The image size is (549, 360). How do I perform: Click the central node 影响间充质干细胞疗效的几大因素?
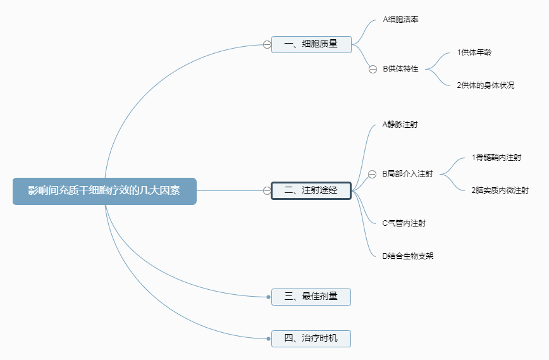104,191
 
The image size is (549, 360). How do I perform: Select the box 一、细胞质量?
311,44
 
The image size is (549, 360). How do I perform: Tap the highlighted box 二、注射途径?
311,190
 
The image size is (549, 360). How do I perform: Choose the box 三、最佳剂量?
311,297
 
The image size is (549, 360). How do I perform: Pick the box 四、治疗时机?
311,338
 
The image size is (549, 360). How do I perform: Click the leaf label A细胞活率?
400,20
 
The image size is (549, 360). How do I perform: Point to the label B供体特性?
400,69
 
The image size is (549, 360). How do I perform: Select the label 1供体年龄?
474,53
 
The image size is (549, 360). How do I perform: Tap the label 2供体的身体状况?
485,85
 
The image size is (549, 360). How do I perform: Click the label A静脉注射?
400,125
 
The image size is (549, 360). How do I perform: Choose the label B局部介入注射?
407,174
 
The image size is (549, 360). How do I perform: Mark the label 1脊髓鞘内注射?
496,158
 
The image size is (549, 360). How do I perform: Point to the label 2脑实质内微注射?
500,190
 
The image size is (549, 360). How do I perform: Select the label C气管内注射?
404,223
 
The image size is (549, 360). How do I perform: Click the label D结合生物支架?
407,256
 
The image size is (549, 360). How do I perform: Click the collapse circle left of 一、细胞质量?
267,45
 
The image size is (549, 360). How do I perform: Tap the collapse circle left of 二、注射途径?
267,191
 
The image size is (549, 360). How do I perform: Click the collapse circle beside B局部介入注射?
372,175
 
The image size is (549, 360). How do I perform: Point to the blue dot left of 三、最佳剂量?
269,297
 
